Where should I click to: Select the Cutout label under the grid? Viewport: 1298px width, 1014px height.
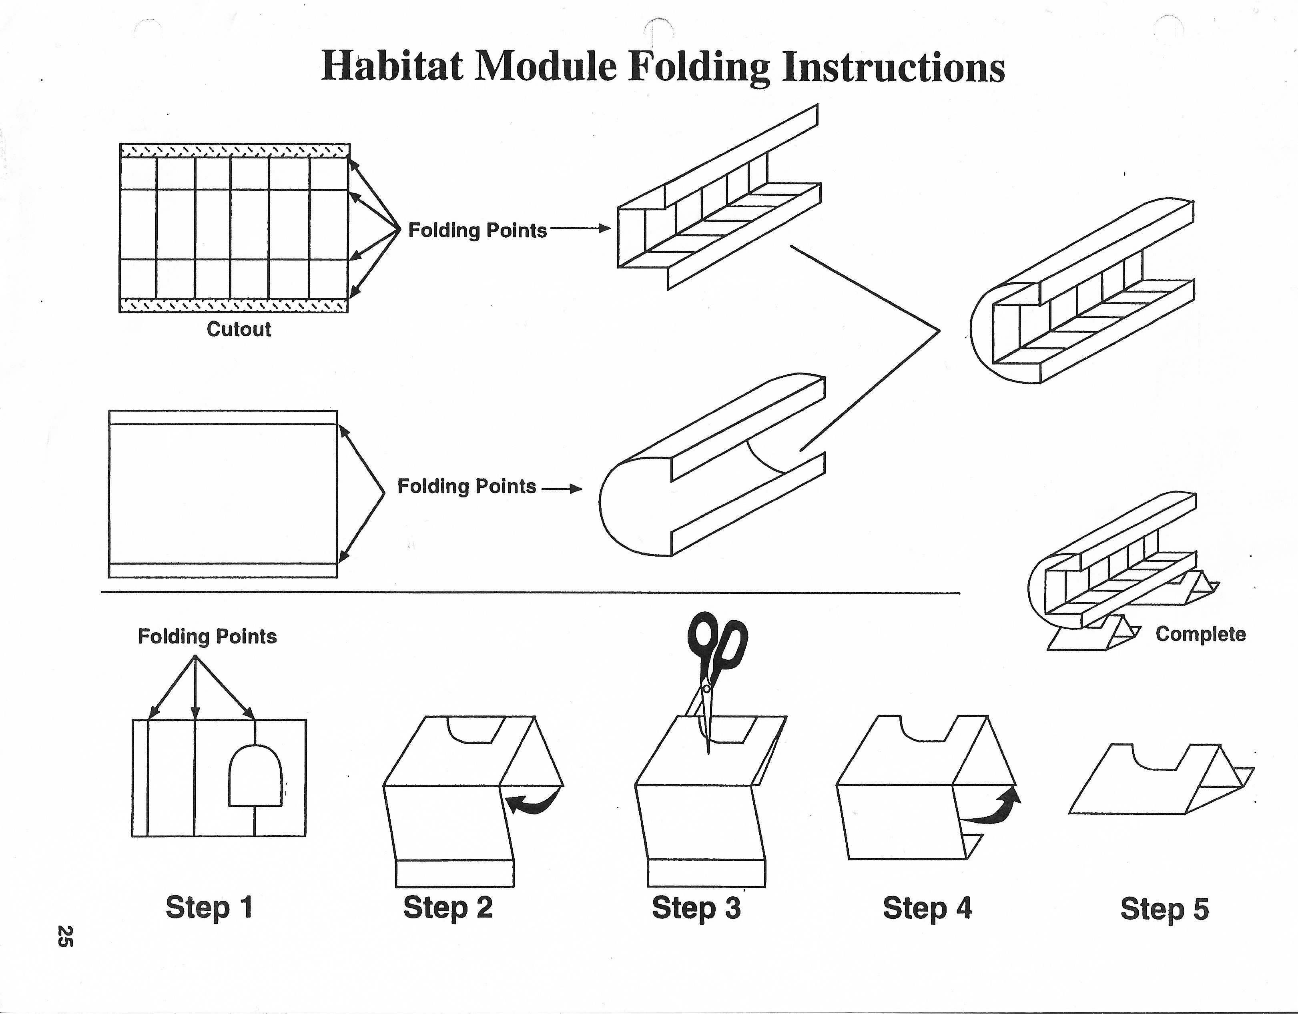[x=239, y=329]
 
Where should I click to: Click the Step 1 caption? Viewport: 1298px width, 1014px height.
[x=209, y=907]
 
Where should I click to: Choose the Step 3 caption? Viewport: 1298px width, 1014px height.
[x=696, y=908]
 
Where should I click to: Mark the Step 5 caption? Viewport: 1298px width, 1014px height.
[x=1164, y=909]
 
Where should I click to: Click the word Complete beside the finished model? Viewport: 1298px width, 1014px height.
[x=1200, y=634]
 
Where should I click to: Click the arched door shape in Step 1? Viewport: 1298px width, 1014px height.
[x=256, y=775]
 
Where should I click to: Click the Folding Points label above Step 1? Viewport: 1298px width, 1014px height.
[x=207, y=636]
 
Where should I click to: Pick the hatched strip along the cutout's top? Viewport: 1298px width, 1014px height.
[x=235, y=151]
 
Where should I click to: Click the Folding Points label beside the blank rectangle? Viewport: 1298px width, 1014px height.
[x=467, y=487]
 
